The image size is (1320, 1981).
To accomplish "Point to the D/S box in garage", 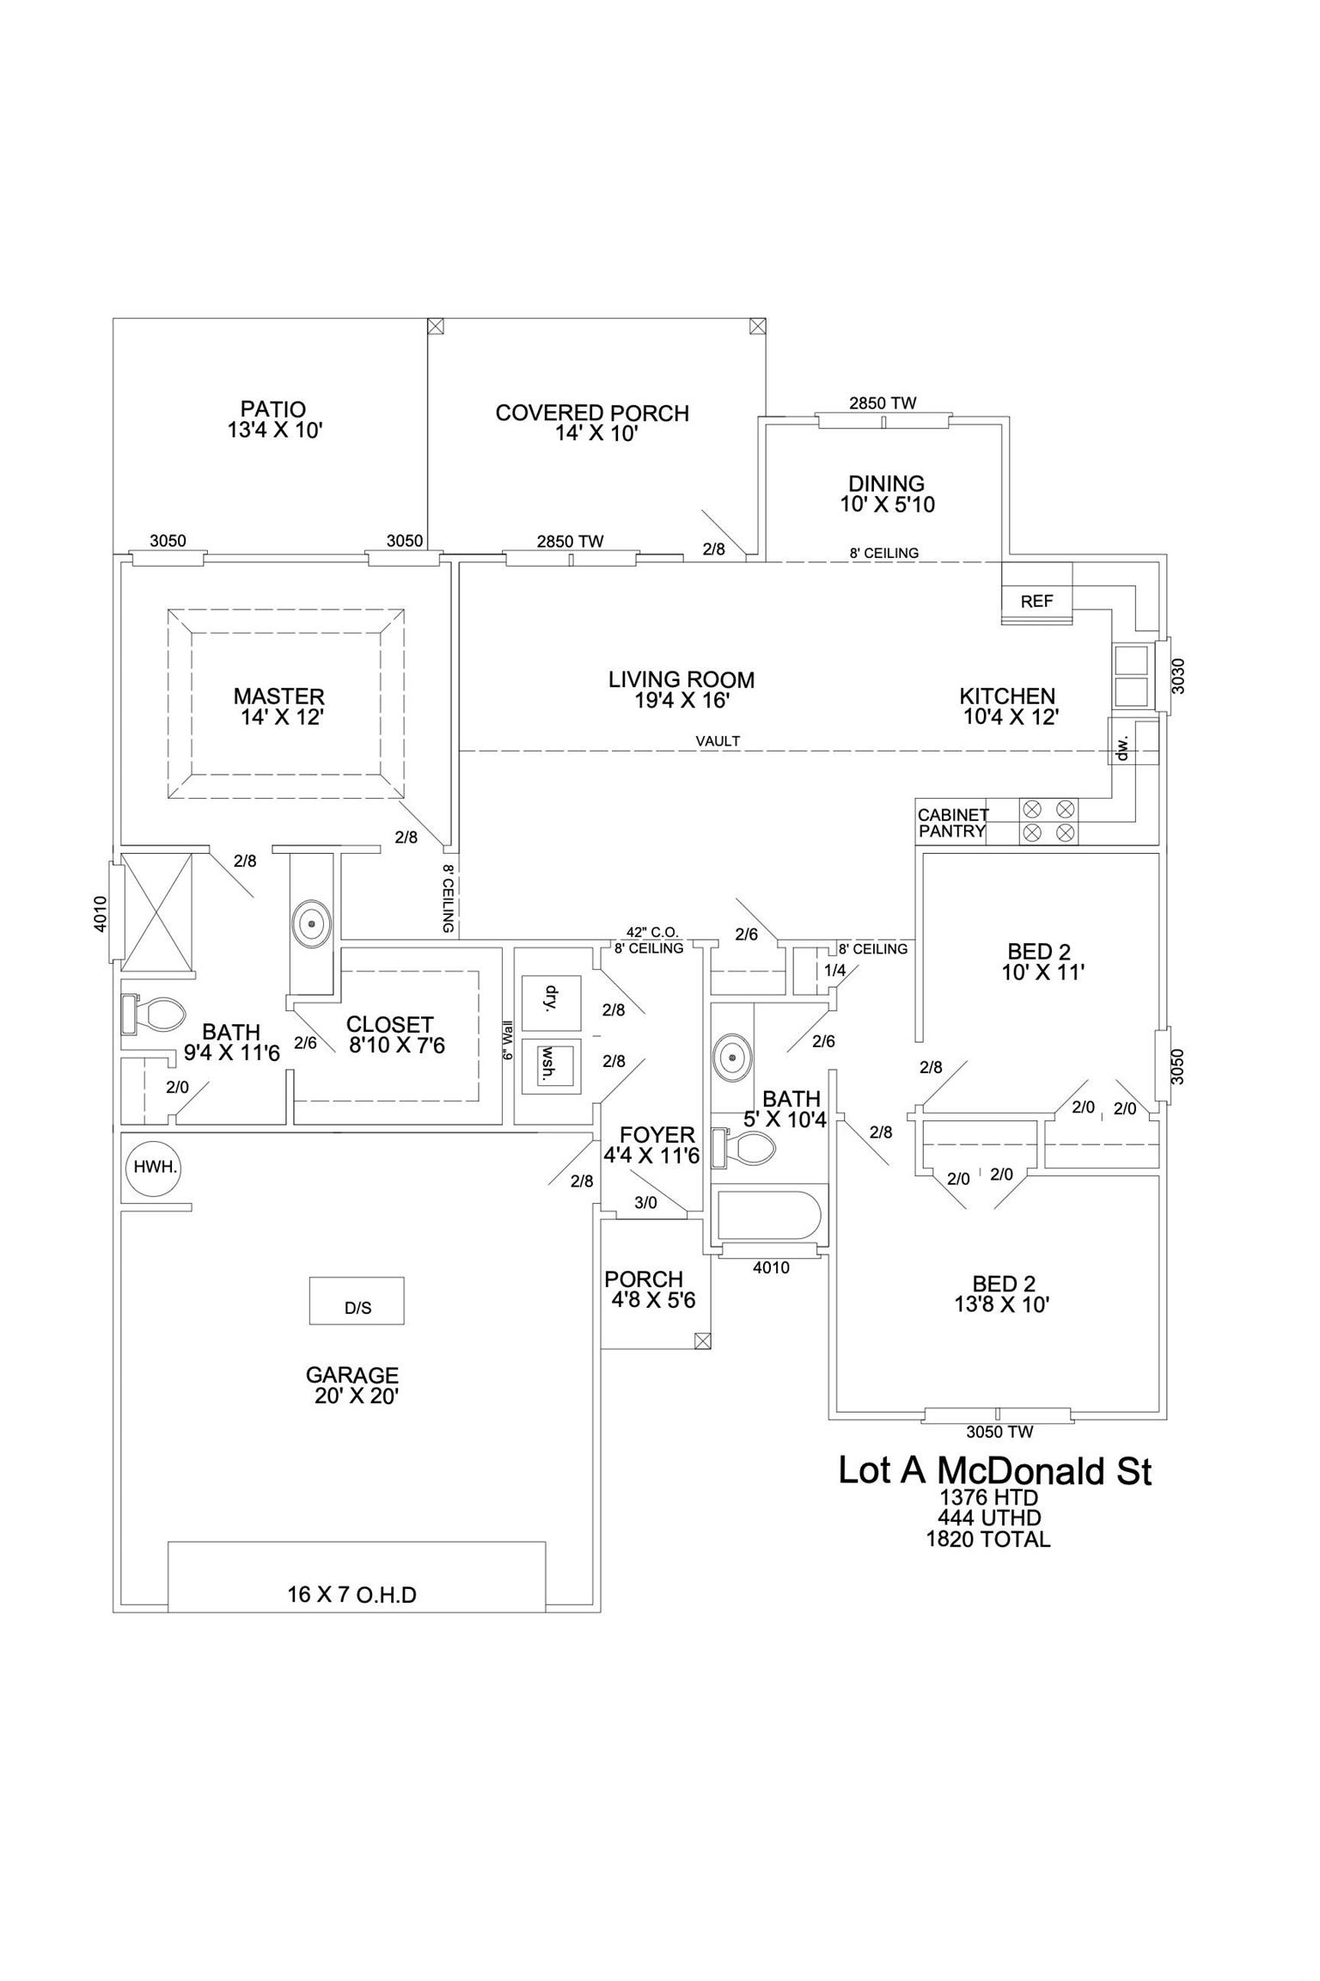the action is (x=357, y=1300).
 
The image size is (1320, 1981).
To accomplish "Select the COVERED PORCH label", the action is (x=592, y=414).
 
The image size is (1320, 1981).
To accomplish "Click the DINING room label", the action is (x=886, y=483).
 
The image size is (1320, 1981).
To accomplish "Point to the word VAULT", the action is (x=718, y=740).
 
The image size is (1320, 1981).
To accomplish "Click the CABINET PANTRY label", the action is (x=953, y=823).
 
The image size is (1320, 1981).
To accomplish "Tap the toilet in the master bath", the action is (x=153, y=1015).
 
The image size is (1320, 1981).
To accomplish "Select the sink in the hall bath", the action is (x=731, y=1053).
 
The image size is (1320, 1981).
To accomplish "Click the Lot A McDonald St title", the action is (x=994, y=1471).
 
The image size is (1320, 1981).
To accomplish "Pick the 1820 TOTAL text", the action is (x=987, y=1540).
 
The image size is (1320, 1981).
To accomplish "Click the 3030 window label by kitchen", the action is (x=1178, y=676).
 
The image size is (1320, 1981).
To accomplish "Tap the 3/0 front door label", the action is (x=645, y=1203).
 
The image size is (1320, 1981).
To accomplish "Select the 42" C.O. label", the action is (x=652, y=932).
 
